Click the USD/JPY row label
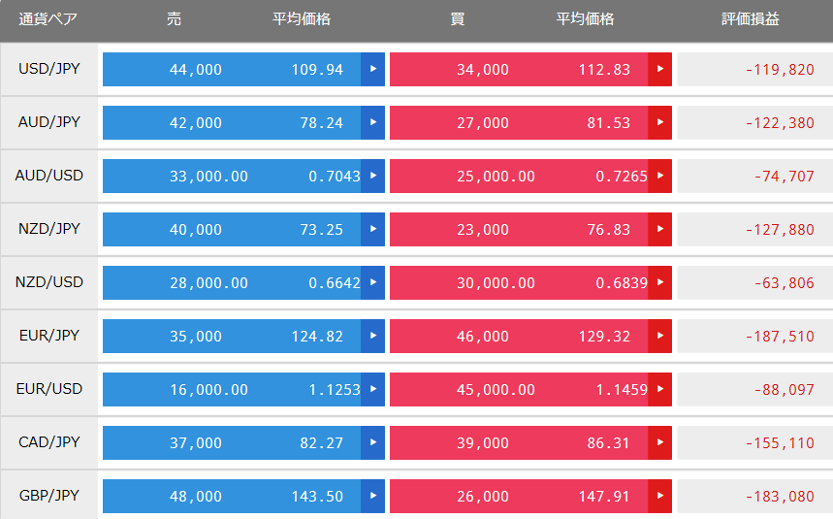(x=48, y=69)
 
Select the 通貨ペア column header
(x=48, y=19)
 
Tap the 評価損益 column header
(x=751, y=19)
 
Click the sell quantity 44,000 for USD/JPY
(x=196, y=70)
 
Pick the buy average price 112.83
(x=604, y=70)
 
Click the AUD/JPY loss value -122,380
(x=780, y=123)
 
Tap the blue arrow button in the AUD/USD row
(x=373, y=176)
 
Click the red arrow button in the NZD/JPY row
(x=659, y=230)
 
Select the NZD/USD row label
(x=48, y=282)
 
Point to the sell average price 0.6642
(x=335, y=283)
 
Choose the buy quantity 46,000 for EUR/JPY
(x=482, y=337)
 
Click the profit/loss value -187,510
(x=780, y=337)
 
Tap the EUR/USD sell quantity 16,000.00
(x=208, y=390)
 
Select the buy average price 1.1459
(x=622, y=390)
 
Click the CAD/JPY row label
(x=48, y=442)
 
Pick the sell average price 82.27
(x=321, y=443)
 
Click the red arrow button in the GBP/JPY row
(x=659, y=496)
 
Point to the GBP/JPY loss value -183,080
(x=780, y=497)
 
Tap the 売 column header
(x=175, y=19)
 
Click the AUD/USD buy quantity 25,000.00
(x=496, y=177)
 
